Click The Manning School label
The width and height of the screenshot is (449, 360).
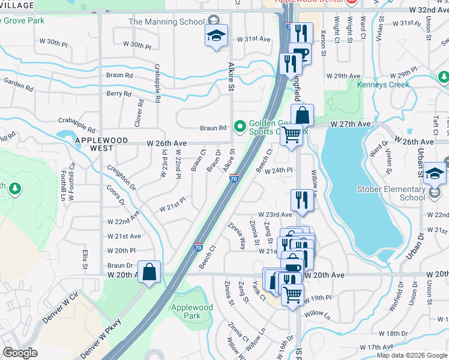pos(166,22)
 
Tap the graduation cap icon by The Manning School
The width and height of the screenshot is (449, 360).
pos(216,36)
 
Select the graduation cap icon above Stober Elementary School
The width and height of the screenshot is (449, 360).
pos(435,175)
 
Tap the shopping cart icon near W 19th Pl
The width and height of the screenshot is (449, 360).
pos(292,295)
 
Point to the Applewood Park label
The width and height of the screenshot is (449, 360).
pos(192,311)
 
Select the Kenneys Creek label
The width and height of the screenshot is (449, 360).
pos(383,85)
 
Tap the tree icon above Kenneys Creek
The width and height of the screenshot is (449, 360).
pos(443,77)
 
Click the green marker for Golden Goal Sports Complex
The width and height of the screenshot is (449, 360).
pos(241,126)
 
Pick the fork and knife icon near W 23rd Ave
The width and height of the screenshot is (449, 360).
pos(302,200)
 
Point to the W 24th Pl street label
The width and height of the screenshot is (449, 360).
pos(281,170)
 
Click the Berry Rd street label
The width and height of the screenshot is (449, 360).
pos(119,94)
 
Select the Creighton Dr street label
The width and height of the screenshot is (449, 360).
pos(121,179)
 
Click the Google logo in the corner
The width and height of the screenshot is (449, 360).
pos(20,353)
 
